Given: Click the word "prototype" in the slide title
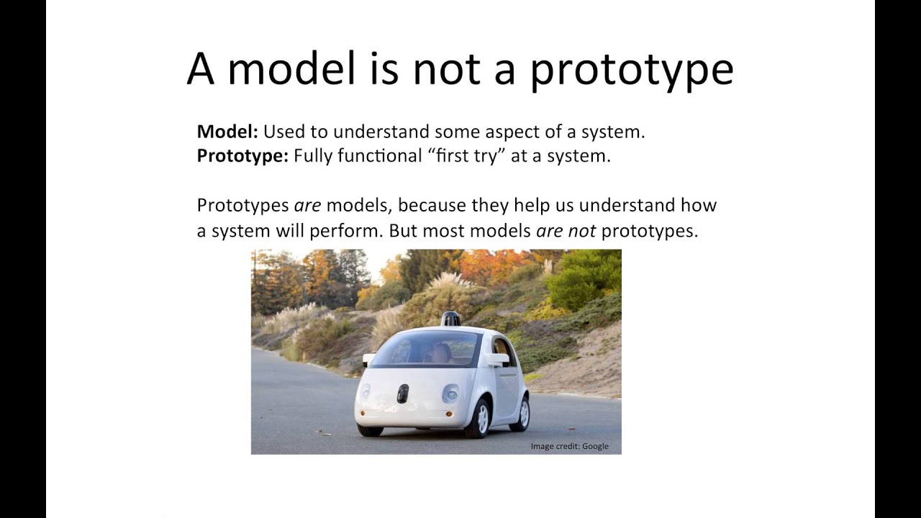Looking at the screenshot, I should pos(632,70).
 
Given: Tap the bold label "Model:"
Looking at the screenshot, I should pos(227,132).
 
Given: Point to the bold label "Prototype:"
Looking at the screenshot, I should pos(242,155).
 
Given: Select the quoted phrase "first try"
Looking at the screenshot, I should pos(467,155).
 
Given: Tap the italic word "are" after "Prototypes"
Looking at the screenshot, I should pos(307,205).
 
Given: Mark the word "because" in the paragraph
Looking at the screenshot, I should pos(432,205).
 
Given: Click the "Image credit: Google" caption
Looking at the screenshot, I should pos(569,446).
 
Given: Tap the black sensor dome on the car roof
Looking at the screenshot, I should pos(450,319).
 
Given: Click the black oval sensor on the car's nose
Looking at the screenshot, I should pos(402,393).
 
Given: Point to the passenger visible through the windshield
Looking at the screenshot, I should pos(440,353).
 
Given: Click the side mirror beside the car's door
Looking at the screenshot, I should pos(496,358).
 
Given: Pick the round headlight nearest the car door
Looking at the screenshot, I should pos(450,393).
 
